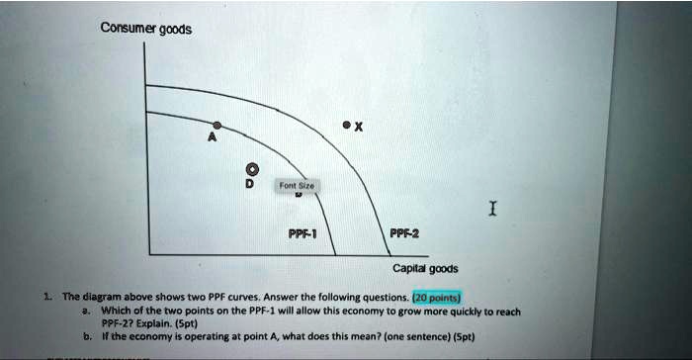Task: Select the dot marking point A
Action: click(216, 126)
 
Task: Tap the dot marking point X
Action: click(346, 126)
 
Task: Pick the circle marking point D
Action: click(250, 167)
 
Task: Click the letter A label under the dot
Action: click(212, 140)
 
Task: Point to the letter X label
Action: click(359, 127)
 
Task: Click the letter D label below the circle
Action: click(250, 184)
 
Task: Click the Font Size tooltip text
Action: click(297, 185)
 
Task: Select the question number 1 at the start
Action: click(48, 297)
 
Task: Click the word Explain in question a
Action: click(148, 322)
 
